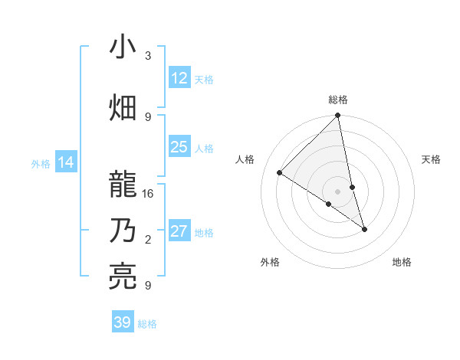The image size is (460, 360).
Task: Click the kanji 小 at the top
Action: point(123,47)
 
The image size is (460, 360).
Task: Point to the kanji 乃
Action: point(123,231)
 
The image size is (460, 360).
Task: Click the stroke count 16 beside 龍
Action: point(148,194)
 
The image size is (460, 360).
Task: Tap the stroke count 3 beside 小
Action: point(148,56)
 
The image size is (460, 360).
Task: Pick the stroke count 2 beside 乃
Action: point(148,240)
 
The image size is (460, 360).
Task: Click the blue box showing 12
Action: point(179,77)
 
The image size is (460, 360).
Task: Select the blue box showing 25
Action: point(179,147)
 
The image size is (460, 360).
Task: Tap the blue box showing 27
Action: point(179,231)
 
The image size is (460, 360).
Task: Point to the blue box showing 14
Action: point(66,162)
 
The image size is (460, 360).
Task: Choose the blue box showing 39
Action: point(123,322)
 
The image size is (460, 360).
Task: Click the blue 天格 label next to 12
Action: point(204,79)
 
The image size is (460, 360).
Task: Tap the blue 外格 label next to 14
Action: point(41,163)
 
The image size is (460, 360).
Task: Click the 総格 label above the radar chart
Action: point(338,100)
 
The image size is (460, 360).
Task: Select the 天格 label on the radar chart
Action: point(431,159)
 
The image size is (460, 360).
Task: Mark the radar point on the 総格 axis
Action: point(338,116)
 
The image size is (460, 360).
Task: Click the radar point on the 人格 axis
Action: point(280,173)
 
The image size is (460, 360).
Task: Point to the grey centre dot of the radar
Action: point(338,191)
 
